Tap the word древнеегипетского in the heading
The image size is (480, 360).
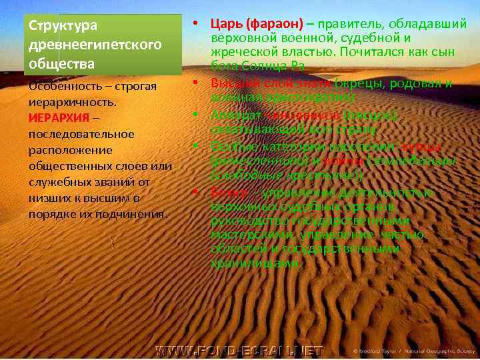point(93,45)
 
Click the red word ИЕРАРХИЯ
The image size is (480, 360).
point(57,119)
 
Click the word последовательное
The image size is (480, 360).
point(81,134)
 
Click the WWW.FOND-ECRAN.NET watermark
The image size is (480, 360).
point(239,351)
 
